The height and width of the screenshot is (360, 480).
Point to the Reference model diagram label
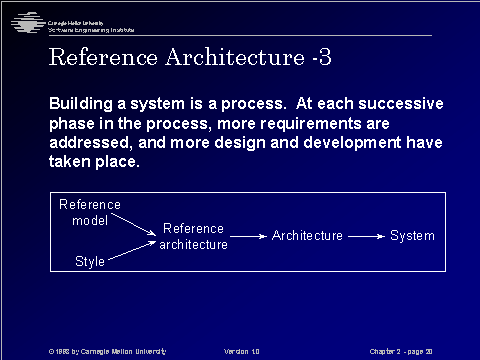click(x=90, y=212)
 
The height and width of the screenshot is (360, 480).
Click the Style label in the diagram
click(x=90, y=261)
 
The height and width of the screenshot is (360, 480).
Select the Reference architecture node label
click(x=194, y=236)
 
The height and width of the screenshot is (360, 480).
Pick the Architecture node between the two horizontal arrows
click(x=307, y=236)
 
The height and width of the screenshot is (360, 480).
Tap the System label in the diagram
click(x=412, y=236)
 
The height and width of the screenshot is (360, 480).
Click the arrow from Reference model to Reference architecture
click(x=137, y=224)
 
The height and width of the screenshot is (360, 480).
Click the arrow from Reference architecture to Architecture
click(x=250, y=236)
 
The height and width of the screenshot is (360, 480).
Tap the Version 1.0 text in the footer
click(x=242, y=351)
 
